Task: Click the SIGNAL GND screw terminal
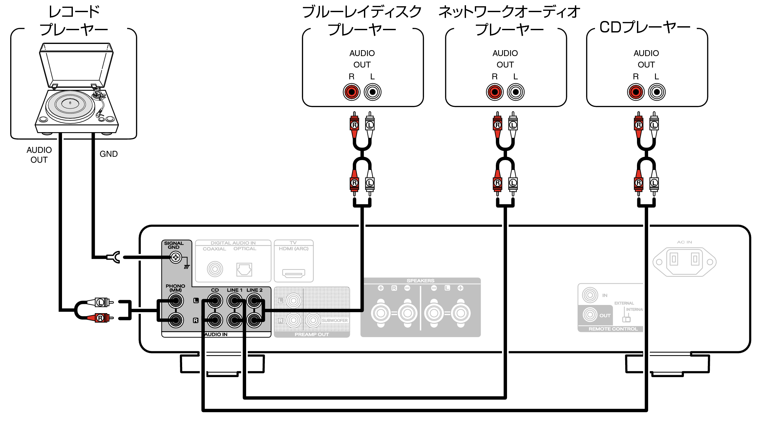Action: pyautogui.click(x=176, y=257)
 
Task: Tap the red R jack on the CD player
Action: pyautogui.click(x=636, y=92)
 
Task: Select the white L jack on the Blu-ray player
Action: pyautogui.click(x=372, y=92)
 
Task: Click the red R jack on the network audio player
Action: pyautogui.click(x=495, y=92)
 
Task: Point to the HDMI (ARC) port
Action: pyautogui.click(x=294, y=273)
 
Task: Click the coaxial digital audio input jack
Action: pyautogui.click(x=215, y=269)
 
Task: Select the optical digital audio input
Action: pyautogui.click(x=244, y=270)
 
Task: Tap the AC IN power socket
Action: pyautogui.click(x=685, y=262)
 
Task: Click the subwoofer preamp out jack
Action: pyautogui.click(x=313, y=320)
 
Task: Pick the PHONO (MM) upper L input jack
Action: pyautogui.click(x=176, y=301)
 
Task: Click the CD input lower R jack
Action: pyautogui.click(x=215, y=320)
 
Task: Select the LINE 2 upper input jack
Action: pyautogui.click(x=254, y=301)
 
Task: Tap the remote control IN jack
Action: pyautogui.click(x=590, y=295)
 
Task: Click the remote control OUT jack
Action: pyautogui.click(x=590, y=315)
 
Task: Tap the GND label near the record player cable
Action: pyautogui.click(x=109, y=154)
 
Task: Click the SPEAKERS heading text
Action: pyautogui.click(x=420, y=281)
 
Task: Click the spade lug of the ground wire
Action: pyautogui.click(x=114, y=257)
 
